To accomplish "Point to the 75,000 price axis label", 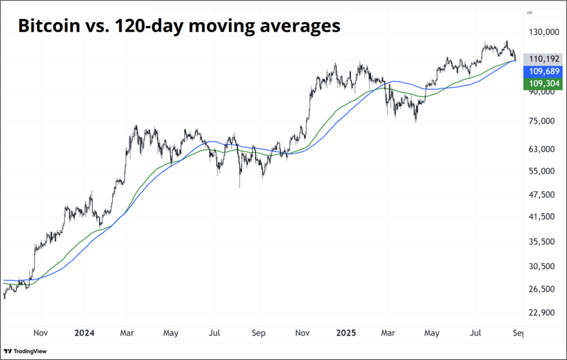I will coord(541,121).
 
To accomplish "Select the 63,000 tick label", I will coord(541,149).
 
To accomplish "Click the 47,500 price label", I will coord(541,194).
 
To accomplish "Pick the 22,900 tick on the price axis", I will coord(541,313).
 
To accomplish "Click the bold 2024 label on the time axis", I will coord(83,333).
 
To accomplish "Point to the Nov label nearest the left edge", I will coord(40,333).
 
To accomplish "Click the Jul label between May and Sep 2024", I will coord(214,333).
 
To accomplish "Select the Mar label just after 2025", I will coord(388,333).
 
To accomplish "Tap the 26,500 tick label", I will coord(541,289).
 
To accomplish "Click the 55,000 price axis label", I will coord(541,171).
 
